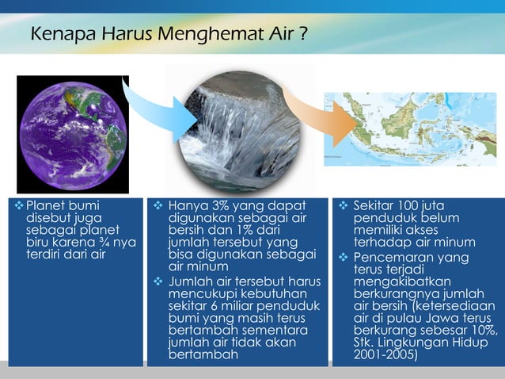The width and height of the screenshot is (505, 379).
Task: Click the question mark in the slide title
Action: click(x=303, y=35)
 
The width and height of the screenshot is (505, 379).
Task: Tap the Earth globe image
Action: click(x=72, y=134)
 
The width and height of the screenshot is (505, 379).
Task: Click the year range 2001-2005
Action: click(x=385, y=354)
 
